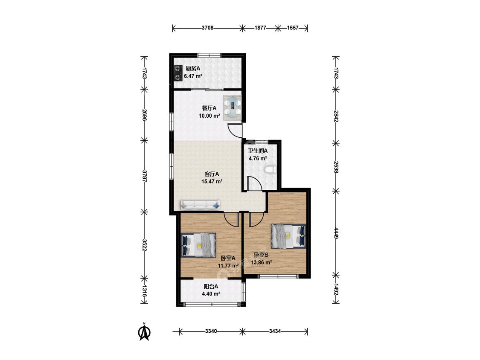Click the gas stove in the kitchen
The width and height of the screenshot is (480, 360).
point(177,73)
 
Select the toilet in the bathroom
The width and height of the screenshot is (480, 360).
point(271,170)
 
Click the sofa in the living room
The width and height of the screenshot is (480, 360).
point(200,204)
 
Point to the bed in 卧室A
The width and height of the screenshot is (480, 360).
point(199,244)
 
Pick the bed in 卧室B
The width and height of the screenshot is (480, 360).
point(288,236)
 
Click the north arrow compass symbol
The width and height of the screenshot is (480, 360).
point(145,332)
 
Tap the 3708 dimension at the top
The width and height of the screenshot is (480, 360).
point(207,28)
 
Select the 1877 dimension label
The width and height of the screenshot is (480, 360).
point(260,28)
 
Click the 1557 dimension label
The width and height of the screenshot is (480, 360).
point(293,28)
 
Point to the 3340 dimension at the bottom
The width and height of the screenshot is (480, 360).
point(211,331)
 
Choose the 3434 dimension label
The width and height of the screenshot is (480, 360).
point(275,331)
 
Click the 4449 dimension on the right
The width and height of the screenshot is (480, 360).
point(336,233)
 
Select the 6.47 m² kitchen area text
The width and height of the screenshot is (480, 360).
point(193,76)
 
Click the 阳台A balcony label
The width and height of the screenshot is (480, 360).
point(211,287)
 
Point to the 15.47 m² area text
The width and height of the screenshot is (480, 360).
point(212,182)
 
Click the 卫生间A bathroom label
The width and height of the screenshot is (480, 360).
point(258,151)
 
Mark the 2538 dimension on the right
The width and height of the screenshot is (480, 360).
point(336,167)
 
